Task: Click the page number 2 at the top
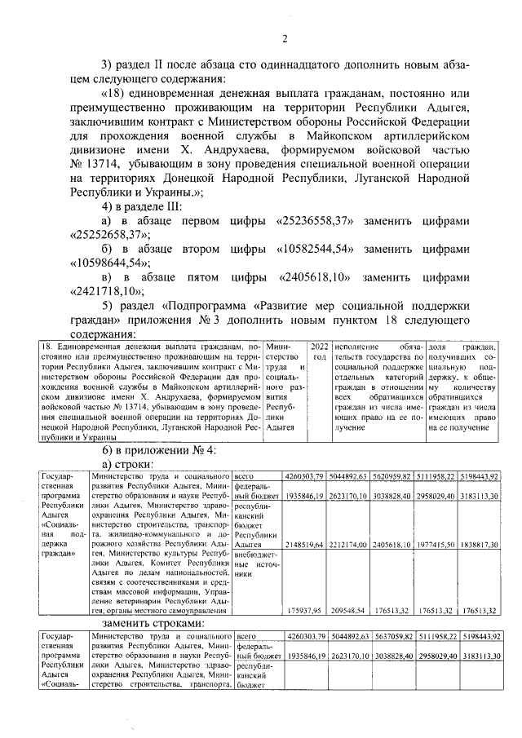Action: coord(285,38)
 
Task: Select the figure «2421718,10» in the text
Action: coord(90,289)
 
